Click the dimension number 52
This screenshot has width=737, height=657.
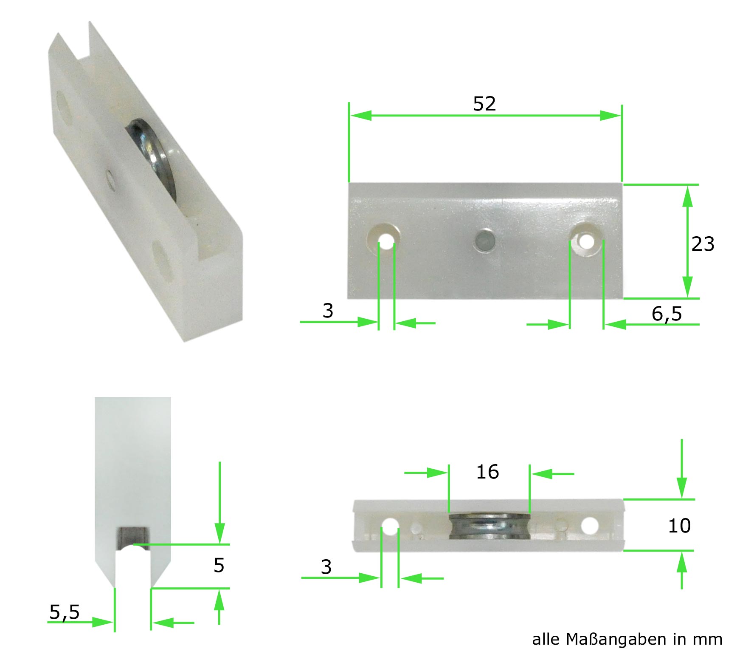pos(484,104)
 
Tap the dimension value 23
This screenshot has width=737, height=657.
pos(703,244)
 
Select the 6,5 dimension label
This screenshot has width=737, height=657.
pos(667,314)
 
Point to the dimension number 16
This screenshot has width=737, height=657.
pos(487,472)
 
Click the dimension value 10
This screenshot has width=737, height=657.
pos(679,526)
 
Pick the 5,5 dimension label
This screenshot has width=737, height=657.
pos(65,612)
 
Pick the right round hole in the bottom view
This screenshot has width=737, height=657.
pos(589,526)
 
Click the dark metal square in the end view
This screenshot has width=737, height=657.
pos(133,538)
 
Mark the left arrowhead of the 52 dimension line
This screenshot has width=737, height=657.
pos(361,115)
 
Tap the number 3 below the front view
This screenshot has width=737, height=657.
pos(328,311)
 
